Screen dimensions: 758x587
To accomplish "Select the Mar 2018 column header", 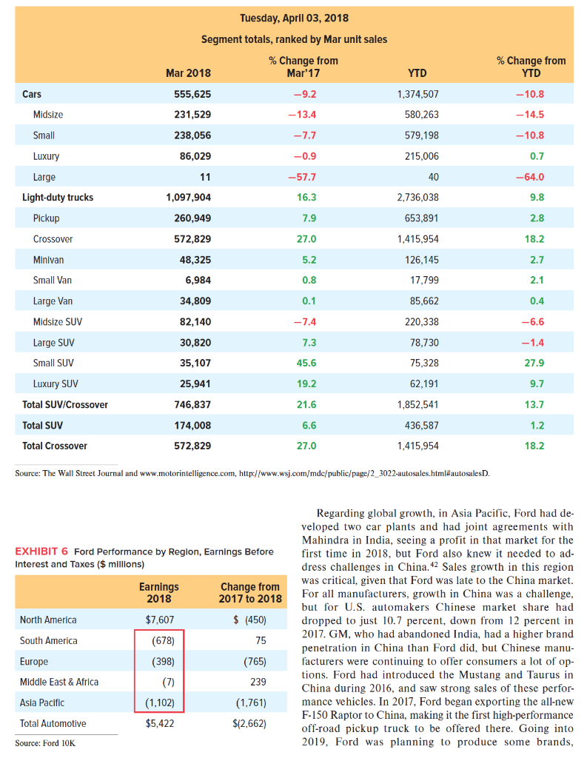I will (188, 73).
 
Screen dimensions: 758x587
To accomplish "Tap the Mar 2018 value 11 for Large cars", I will (206, 177).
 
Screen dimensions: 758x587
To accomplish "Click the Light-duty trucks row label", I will (58, 198).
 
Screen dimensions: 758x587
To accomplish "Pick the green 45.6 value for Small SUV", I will (304, 363).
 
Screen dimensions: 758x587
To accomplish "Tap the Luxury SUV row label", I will (56, 384).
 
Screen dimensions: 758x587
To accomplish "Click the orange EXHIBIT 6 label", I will (41, 551).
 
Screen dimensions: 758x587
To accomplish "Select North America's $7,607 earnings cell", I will (158, 620).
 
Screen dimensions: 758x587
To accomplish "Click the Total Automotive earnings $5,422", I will (158, 724).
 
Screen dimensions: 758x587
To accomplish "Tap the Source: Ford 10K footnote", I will (43, 742).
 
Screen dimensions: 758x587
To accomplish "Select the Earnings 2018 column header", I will (159, 592).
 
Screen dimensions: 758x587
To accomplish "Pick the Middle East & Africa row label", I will (59, 682).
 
